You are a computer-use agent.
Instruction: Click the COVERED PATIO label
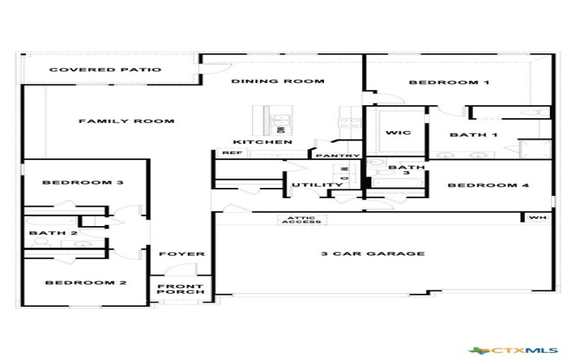tap(105, 70)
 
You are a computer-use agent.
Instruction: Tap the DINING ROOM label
tap(277, 81)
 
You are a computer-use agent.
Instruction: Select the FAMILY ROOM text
tap(126, 121)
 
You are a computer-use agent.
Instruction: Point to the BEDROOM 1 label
tap(449, 83)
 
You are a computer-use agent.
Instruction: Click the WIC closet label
tap(397, 133)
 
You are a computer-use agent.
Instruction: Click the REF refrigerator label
tap(230, 153)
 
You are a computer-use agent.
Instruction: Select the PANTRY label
tap(337, 156)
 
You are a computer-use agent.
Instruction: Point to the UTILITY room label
tap(317, 185)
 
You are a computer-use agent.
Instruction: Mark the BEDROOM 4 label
tap(488, 185)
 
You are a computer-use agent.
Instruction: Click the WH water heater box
tap(537, 217)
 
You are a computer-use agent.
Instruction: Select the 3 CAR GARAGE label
tap(372, 253)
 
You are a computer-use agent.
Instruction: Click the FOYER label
tap(181, 254)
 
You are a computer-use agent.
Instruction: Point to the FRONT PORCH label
tap(181, 289)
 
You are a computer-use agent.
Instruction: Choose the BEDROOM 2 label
tap(86, 283)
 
